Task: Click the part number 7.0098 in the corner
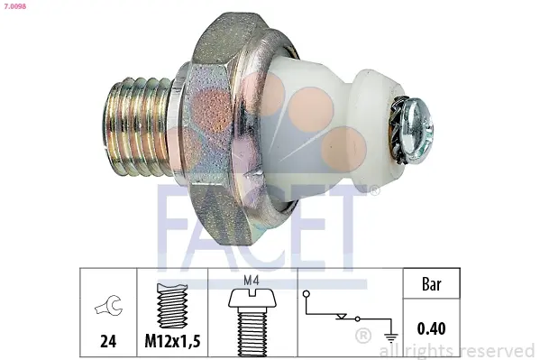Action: pos(14,5)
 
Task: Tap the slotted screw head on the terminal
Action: pos(417,129)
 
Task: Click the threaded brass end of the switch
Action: pos(139,126)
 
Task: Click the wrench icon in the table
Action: pos(109,305)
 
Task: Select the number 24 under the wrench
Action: pos(108,341)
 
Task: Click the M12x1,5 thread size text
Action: pos(172,341)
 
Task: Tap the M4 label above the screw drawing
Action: pos(251,281)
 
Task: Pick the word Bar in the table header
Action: pos(431,284)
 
